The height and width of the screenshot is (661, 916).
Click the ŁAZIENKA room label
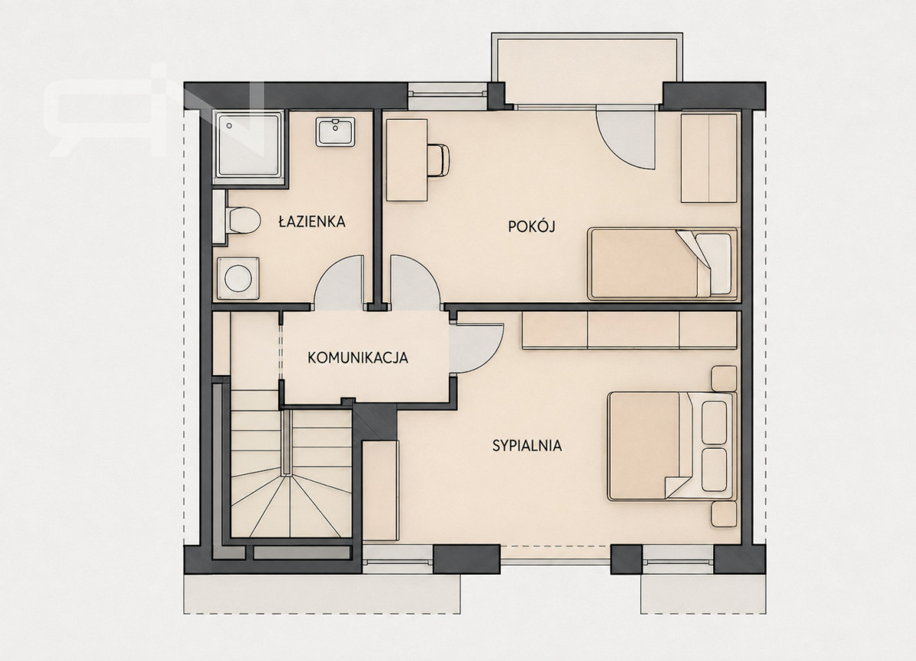click(x=311, y=221)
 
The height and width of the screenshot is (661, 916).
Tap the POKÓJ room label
click(x=531, y=226)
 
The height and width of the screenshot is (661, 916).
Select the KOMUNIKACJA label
click(x=358, y=358)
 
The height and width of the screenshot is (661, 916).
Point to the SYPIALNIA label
click(x=527, y=446)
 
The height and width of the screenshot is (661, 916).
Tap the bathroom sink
click(x=335, y=131)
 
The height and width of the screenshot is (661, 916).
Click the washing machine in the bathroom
click(x=238, y=278)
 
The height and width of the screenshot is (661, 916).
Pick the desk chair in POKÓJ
click(x=438, y=160)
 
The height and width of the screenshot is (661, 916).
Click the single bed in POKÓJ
click(x=663, y=263)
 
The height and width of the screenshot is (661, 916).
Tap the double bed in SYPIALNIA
click(x=672, y=446)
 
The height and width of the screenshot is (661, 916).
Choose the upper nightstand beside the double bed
click(x=724, y=379)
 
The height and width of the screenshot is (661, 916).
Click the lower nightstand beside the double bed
click(x=724, y=514)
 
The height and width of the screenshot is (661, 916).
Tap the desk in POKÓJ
click(x=406, y=160)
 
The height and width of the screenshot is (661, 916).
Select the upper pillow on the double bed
click(x=714, y=422)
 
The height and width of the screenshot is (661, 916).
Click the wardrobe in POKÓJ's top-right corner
click(x=708, y=158)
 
